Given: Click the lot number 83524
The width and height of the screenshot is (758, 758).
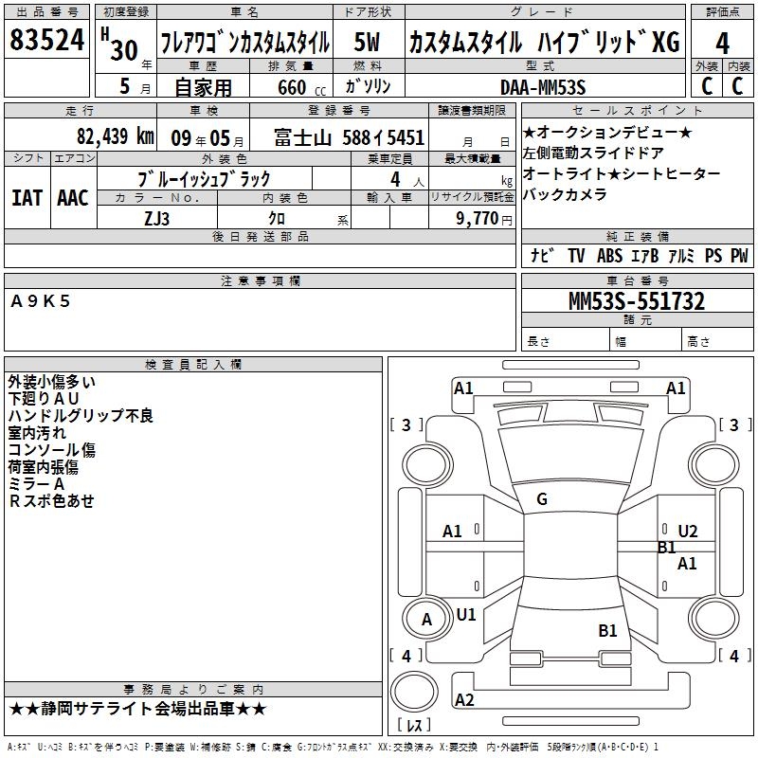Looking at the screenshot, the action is pos(46,40).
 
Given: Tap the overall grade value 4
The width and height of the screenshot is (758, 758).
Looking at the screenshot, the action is pos(722,43).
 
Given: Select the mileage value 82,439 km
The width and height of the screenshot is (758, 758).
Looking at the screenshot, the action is pos(116,136).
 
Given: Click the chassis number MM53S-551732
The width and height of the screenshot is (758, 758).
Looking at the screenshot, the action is pos(637,301).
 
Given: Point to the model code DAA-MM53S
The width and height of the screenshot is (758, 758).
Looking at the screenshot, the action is pos(543,87).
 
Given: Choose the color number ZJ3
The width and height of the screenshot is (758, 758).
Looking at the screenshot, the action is pos(156,219).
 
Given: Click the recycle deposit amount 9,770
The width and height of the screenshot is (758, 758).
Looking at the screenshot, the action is pos(478,218).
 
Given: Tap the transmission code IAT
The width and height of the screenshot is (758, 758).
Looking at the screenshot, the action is pos(27,198).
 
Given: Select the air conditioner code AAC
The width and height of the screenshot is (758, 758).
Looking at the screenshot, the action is pos(73,198).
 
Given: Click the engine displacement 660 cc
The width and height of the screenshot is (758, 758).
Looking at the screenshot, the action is pos(301,87).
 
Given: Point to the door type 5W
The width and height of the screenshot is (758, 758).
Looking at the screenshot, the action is pos(367,42).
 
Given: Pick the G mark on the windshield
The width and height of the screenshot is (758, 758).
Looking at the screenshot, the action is pos(542,499).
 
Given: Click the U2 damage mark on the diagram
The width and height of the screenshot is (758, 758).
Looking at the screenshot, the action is pos(688,532).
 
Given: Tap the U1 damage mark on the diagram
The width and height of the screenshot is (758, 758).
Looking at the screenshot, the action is pos(466,614).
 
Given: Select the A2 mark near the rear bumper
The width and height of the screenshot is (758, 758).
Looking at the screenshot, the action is pos(464,699).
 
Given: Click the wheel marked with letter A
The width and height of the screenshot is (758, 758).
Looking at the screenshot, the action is pos(427,620).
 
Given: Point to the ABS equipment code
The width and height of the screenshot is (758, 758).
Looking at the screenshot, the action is pos(609,255).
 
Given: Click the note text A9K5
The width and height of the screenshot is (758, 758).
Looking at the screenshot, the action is pos(41,301).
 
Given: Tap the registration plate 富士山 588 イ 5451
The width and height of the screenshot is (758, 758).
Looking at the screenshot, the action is pos(349,137).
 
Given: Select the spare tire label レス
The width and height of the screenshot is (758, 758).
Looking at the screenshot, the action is pos(414,724).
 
